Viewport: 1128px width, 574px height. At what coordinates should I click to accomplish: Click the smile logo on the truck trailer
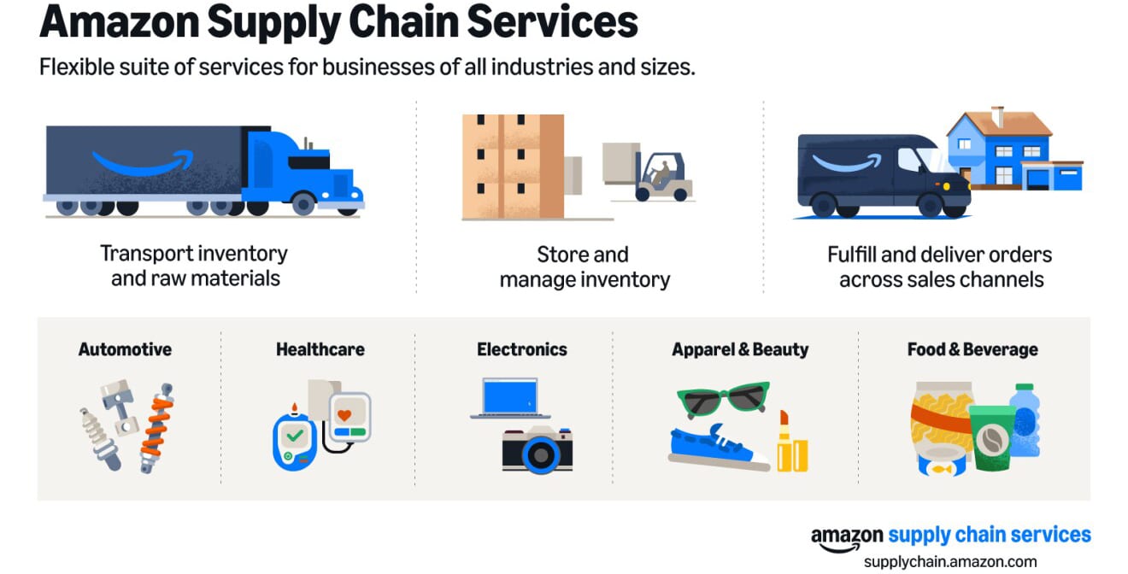coord(144,161)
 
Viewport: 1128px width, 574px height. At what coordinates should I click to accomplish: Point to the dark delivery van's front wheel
coord(930,205)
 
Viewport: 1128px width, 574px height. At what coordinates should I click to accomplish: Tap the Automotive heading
coord(125,349)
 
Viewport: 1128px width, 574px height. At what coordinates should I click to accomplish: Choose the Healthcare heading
coord(320,349)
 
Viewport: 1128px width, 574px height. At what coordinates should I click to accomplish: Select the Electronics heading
coord(521,349)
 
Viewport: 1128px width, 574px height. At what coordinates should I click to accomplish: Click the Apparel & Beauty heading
coord(740,350)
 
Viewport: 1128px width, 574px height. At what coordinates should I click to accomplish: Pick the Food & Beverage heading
coord(972,350)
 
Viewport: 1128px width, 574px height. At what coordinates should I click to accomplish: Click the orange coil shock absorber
coord(157,428)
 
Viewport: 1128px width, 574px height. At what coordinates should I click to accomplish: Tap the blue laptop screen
coord(509,396)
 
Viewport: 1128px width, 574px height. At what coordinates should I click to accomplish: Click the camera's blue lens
coord(540,454)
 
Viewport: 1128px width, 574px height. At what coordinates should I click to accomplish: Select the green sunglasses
coord(723,399)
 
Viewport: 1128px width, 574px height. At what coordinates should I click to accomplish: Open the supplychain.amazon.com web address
coord(950,561)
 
